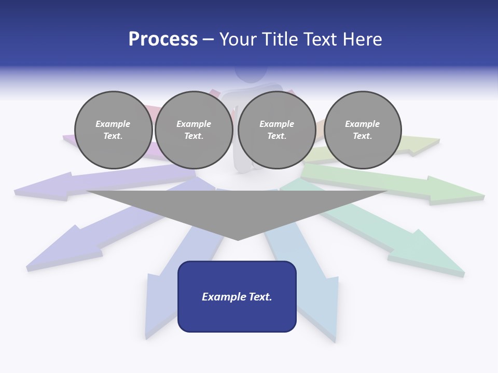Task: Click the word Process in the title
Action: (163, 39)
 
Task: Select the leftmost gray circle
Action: (113, 130)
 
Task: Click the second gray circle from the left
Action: (193, 130)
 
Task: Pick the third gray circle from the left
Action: (276, 130)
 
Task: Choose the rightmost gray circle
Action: (363, 130)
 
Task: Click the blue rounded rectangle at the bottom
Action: (237, 296)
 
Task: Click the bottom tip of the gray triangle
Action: (238, 239)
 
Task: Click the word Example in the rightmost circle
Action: (362, 124)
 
